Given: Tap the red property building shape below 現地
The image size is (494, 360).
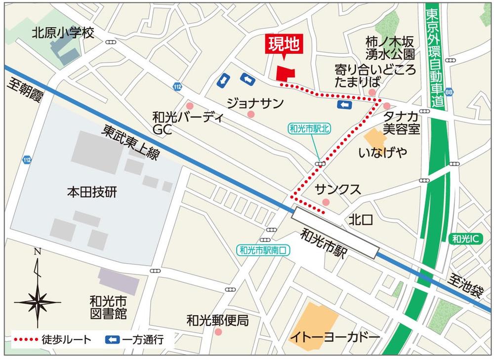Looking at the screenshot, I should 285,74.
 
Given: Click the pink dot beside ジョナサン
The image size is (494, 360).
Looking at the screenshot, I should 251,115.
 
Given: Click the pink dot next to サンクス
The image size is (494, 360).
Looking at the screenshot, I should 326,201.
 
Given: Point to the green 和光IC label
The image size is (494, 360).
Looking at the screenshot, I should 466,239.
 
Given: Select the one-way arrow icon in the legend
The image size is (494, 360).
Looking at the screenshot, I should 113,339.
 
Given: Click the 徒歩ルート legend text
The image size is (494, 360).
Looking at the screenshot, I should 67,339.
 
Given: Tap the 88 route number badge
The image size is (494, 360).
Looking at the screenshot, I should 448,92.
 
